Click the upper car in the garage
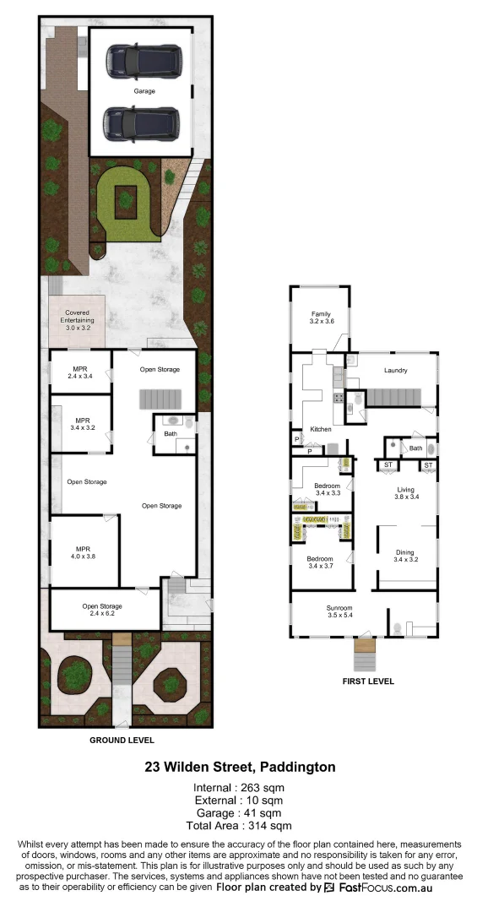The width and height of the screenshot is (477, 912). (x=144, y=59)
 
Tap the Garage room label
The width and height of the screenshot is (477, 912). (x=144, y=91)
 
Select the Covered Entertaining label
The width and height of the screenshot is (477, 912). (x=77, y=317)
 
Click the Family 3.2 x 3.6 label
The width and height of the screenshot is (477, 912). (x=322, y=318)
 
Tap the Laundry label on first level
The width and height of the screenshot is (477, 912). (x=395, y=371)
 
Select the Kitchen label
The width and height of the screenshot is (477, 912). (x=321, y=430)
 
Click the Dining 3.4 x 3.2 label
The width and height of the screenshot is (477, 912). (x=406, y=556)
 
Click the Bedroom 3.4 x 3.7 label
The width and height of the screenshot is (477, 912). (x=320, y=563)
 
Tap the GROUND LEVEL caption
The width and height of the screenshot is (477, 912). (x=122, y=740)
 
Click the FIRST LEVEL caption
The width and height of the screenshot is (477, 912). (x=367, y=681)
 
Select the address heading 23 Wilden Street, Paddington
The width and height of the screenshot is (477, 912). (x=239, y=768)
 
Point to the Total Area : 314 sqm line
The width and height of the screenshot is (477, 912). (x=239, y=826)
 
